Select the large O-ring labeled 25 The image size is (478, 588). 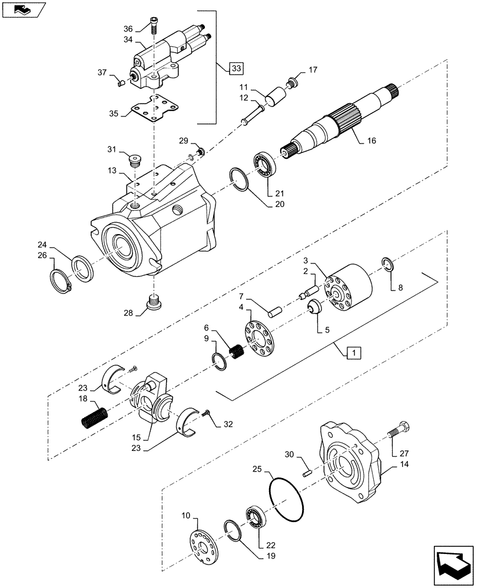(287, 500)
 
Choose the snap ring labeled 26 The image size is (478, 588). (61, 280)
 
